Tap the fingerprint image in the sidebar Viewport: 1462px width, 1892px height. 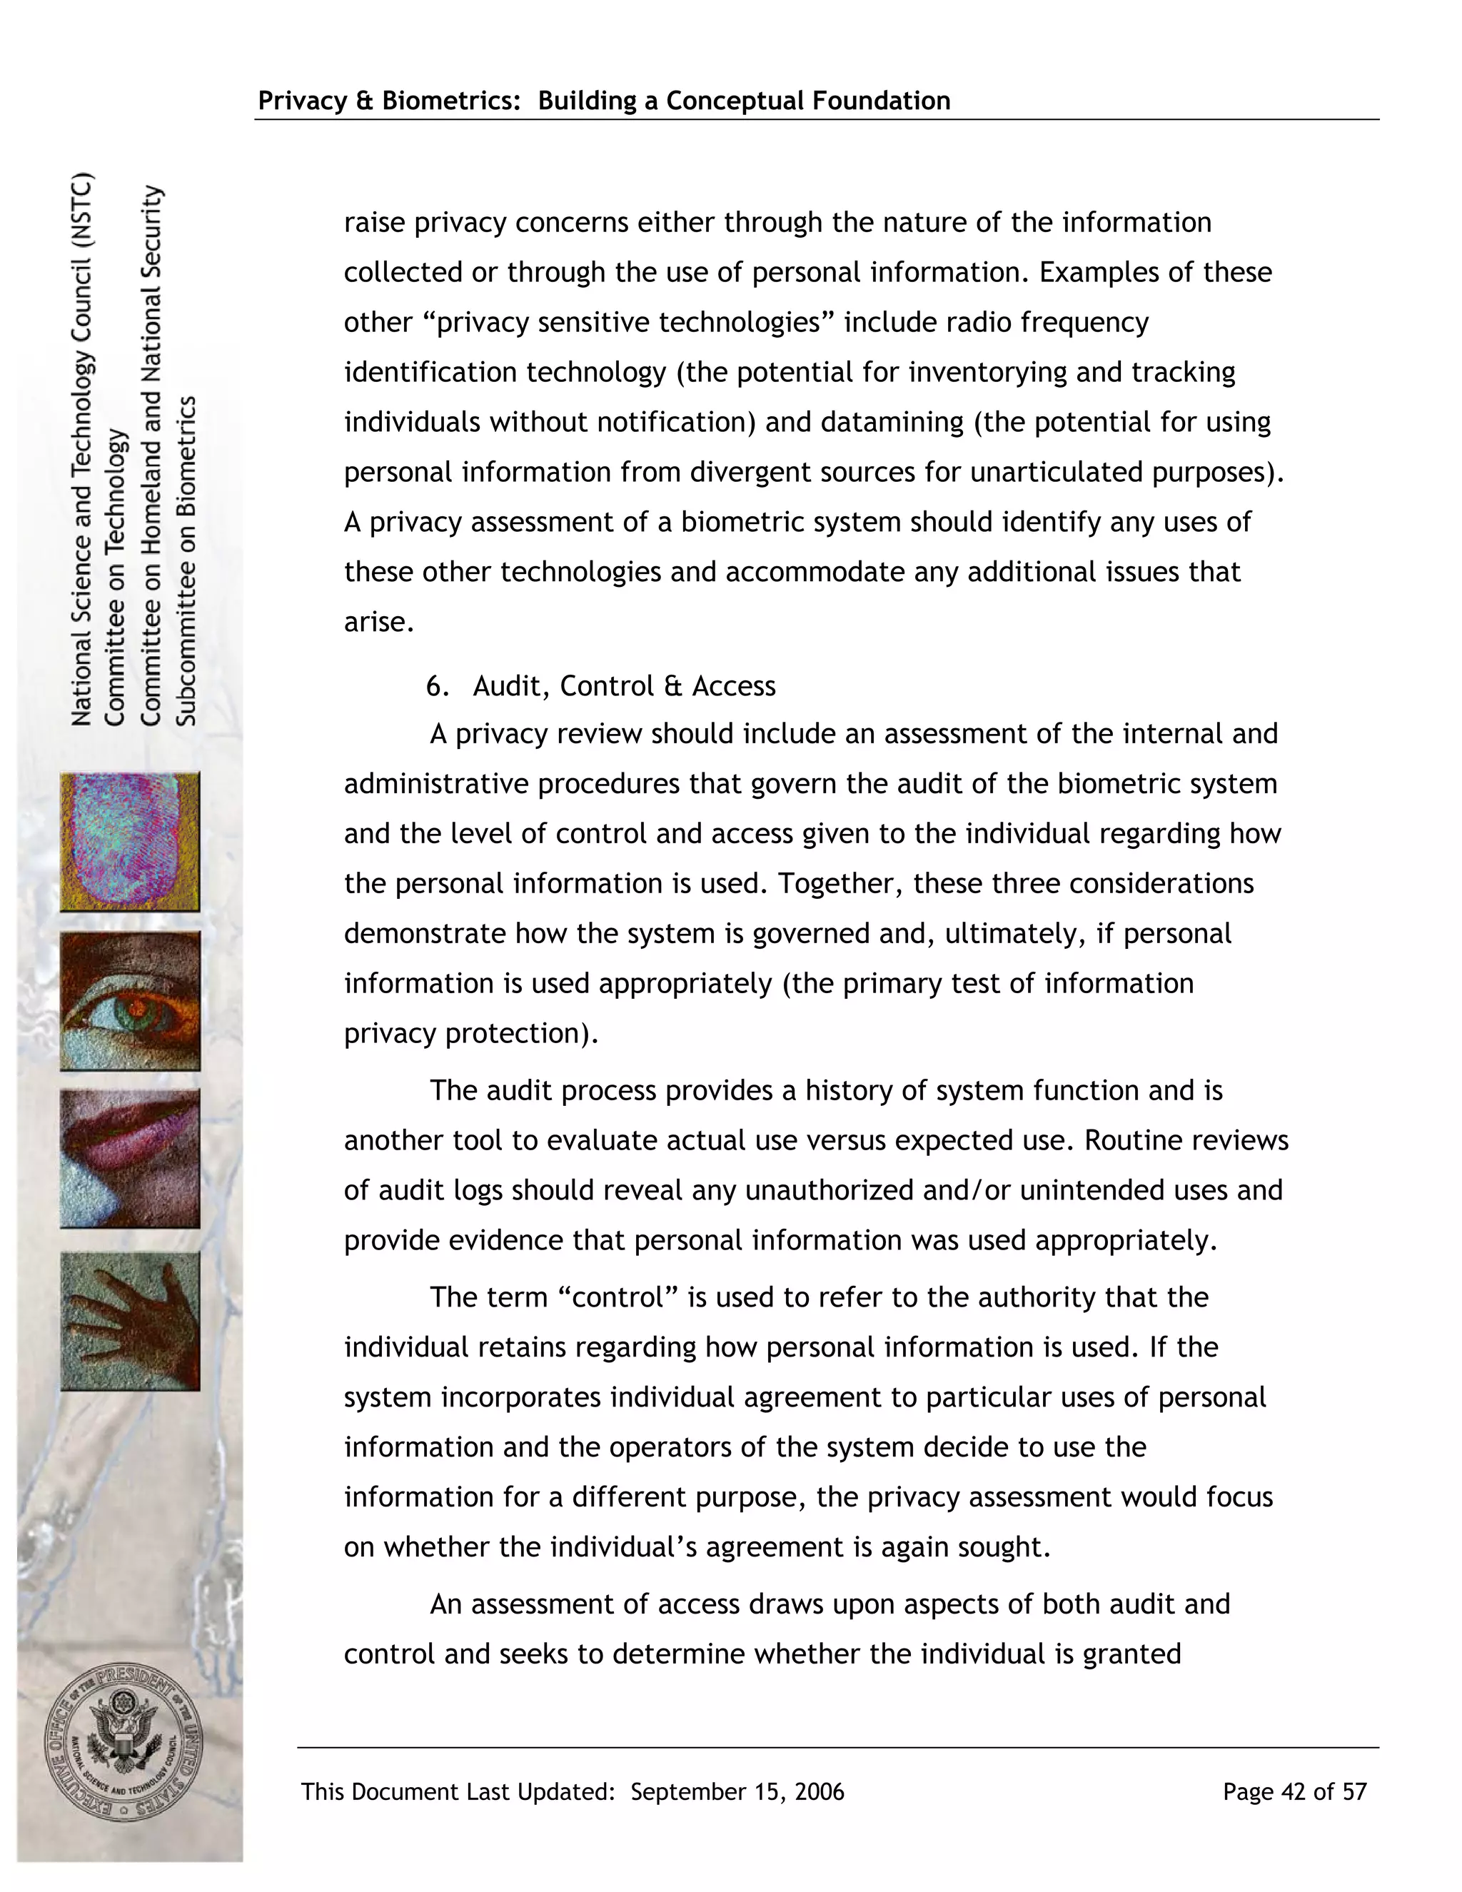[130, 841]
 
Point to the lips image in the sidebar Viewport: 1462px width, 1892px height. [130, 1158]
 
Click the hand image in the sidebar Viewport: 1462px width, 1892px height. [130, 1320]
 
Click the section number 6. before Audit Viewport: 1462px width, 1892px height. [438, 686]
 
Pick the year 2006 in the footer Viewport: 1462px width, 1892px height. [819, 1791]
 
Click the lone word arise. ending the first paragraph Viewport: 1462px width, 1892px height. [379, 622]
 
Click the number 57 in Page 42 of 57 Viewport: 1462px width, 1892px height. [1355, 1791]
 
